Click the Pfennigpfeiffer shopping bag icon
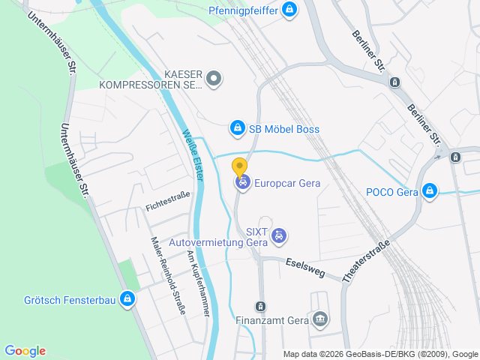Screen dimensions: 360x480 [x=290, y=10]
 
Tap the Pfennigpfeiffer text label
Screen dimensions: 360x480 [x=242, y=10]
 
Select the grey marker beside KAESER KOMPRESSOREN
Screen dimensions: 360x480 [x=214, y=78]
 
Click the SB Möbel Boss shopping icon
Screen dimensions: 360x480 [x=238, y=129]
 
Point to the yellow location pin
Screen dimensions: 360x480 [x=239, y=166]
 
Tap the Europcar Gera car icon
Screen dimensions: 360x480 [x=241, y=182]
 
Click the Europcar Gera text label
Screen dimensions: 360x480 [x=287, y=183]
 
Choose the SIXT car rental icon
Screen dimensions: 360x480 [x=279, y=235]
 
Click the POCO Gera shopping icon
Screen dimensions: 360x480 [x=430, y=191]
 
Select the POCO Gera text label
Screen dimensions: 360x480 [x=391, y=192]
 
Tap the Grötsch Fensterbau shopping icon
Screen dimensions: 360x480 [x=127, y=300]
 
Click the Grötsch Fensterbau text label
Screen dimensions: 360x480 [x=69, y=301]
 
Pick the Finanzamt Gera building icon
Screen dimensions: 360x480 [x=321, y=320]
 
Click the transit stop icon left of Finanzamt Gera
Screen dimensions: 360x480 [x=259, y=306]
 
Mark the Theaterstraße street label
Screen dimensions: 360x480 [x=367, y=260]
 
